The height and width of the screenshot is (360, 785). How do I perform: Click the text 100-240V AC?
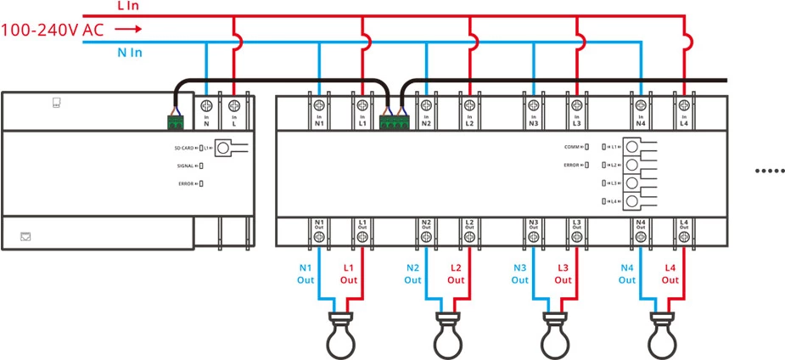pyautogui.click(x=53, y=30)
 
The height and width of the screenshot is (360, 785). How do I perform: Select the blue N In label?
pyautogui.click(x=129, y=53)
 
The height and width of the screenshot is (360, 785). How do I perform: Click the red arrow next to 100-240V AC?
pyautogui.click(x=126, y=29)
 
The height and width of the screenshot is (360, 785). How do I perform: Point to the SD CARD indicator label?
pyautogui.click(x=184, y=149)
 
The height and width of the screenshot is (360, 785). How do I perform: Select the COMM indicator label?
pyautogui.click(x=575, y=147)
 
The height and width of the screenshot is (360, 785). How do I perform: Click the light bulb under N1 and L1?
pyautogui.click(x=341, y=335)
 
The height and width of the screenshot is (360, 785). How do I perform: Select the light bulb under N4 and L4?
pyautogui.click(x=663, y=335)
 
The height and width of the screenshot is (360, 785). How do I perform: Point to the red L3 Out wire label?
pyautogui.click(x=563, y=273)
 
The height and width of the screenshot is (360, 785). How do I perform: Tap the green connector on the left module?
pyautogui.click(x=177, y=122)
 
